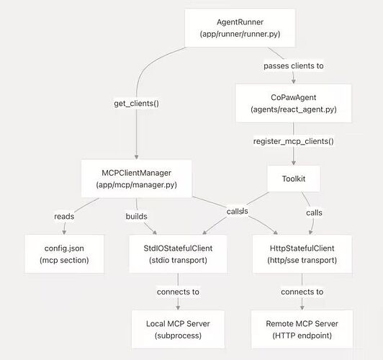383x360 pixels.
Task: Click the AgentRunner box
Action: coord(240,28)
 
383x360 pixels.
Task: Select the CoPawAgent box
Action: coord(293,103)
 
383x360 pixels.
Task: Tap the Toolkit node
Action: coord(294,179)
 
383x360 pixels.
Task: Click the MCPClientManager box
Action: coord(136,179)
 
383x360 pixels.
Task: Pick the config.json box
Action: coord(64,254)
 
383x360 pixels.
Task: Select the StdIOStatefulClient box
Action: coord(178,254)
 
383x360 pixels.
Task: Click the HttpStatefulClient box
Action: coord(302,254)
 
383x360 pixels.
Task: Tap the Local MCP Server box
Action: coord(178,330)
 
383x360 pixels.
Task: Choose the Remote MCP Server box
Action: coord(302,330)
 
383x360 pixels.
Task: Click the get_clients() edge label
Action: coord(136,103)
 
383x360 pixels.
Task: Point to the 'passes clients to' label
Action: coord(294,66)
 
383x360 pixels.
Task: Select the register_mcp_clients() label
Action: coord(293,141)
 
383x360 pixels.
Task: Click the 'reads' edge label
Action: coord(64,217)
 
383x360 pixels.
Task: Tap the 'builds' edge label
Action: coord(136,217)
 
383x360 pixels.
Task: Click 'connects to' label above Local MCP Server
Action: coord(178,292)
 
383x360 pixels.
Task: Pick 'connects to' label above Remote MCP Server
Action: coord(302,292)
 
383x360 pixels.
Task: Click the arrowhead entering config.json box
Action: coord(64,233)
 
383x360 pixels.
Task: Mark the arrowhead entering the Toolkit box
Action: coord(294,163)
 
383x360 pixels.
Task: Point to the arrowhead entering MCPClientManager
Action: coord(136,157)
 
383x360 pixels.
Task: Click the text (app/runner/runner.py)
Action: coord(240,34)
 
